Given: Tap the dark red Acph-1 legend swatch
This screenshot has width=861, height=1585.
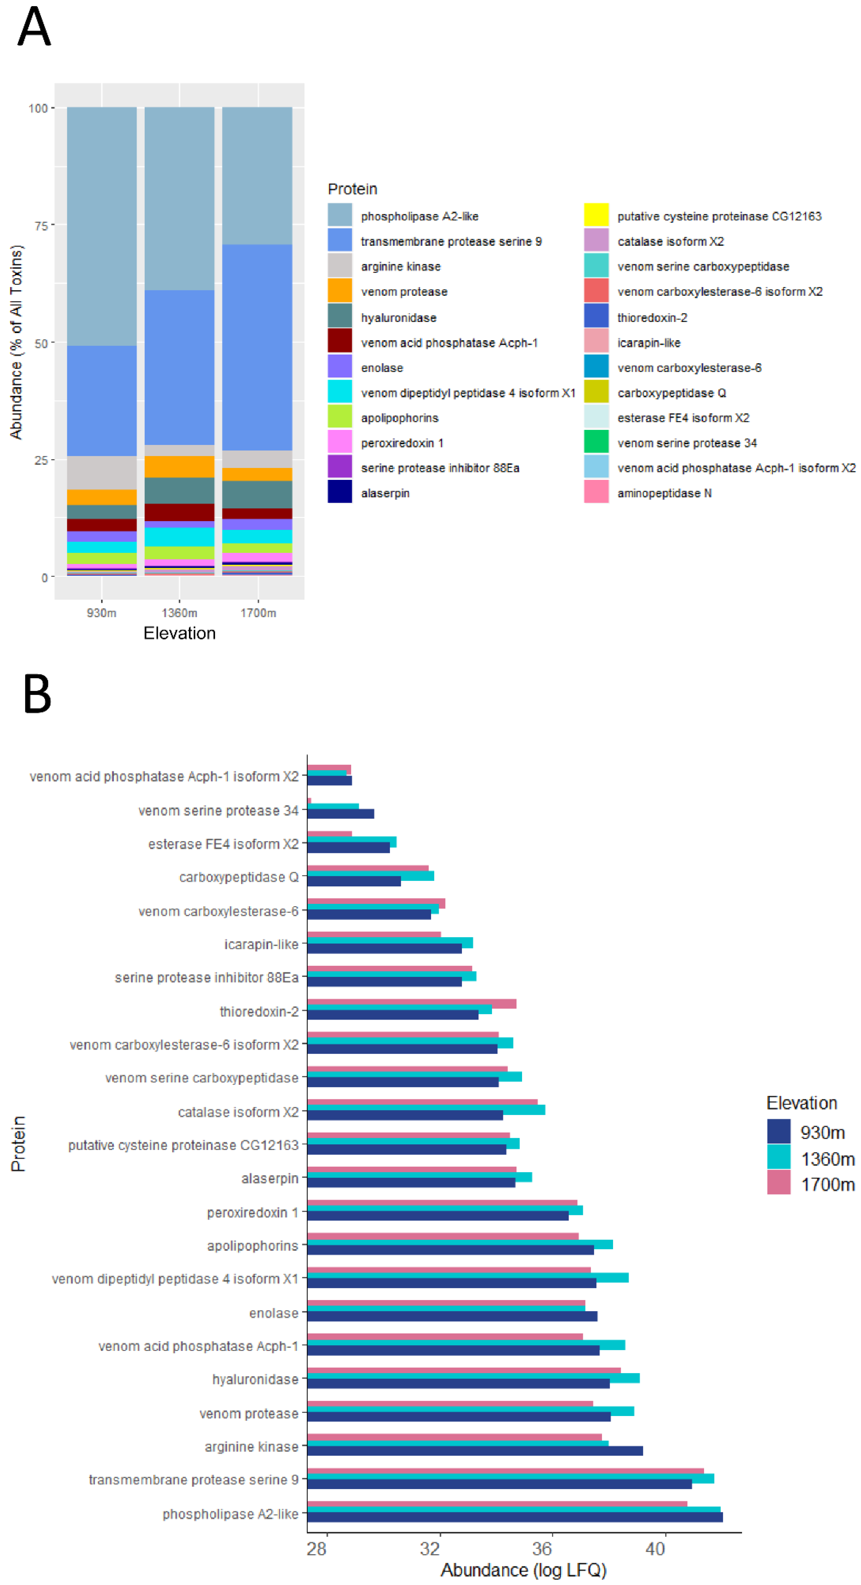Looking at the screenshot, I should pyautogui.click(x=340, y=341).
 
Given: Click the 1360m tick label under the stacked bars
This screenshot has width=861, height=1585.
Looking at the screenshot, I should pyautogui.click(x=180, y=613).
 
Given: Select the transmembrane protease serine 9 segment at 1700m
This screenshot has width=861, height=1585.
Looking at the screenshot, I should pyautogui.click(x=257, y=348).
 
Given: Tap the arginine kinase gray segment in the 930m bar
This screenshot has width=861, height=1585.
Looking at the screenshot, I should pyautogui.click(x=101, y=473).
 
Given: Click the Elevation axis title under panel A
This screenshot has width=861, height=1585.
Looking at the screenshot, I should pyautogui.click(x=180, y=634).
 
